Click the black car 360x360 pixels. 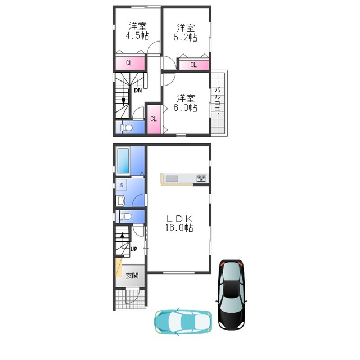tap(231, 295)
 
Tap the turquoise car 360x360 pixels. tap(183, 321)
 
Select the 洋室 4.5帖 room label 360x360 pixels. tap(137, 31)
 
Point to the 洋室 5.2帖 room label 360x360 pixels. tap(185, 33)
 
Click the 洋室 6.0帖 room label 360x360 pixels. tap(185, 103)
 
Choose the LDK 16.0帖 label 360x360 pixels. tap(179, 223)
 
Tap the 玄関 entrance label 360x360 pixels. tap(132, 275)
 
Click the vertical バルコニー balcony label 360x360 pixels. tap(218, 102)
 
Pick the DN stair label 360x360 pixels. tap(138, 91)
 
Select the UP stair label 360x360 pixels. tap(134, 249)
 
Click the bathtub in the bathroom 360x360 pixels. tap(123, 161)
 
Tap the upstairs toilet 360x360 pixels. tap(126, 128)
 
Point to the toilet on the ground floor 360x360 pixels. tap(125, 216)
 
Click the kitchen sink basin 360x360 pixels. tap(172, 178)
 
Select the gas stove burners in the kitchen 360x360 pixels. tap(201, 178)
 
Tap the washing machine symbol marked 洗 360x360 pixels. tap(121, 185)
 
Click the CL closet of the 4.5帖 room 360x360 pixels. tap(130, 63)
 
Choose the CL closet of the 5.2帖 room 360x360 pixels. tap(193, 65)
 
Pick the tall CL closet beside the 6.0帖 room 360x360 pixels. tap(154, 119)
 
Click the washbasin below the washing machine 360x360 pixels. tap(120, 201)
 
